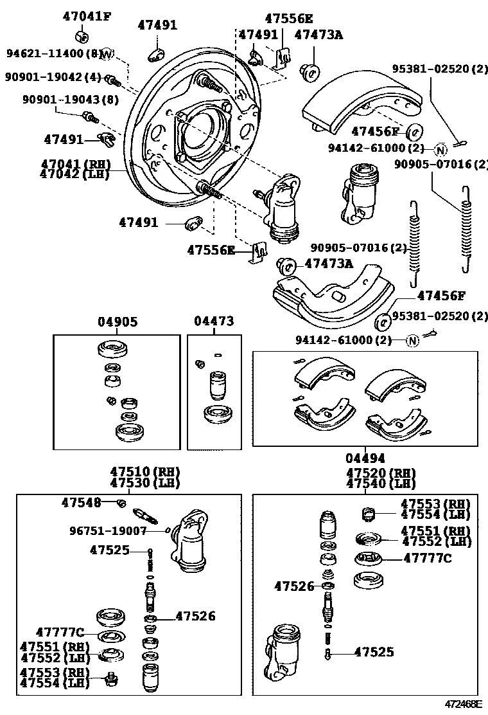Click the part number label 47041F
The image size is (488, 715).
86,16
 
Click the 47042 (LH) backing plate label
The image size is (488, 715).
74,174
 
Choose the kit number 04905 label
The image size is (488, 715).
117,322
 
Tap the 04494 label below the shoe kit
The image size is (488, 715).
365,458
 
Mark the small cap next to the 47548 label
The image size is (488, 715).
121,502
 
